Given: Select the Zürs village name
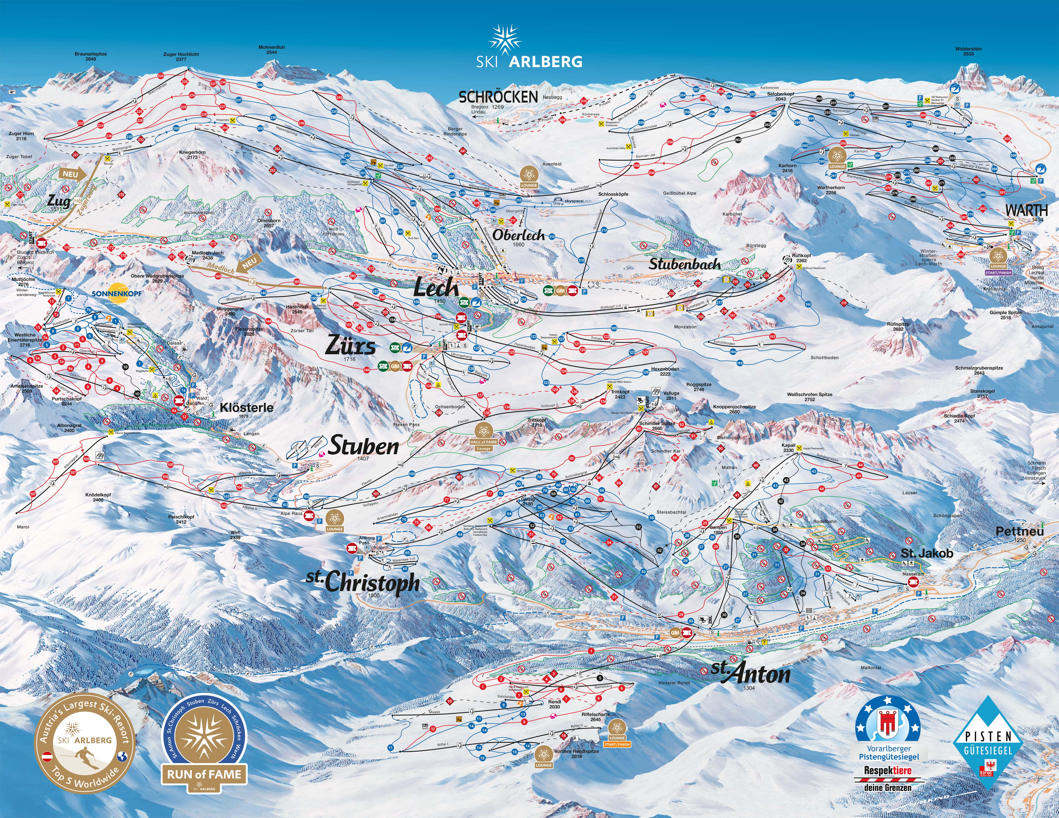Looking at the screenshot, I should coord(350,346).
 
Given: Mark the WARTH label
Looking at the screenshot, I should coord(1026,211).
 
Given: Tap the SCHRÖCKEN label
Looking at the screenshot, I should coord(498,97).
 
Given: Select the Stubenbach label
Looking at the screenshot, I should coord(684,264).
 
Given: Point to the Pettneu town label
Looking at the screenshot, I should coord(1020,531).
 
